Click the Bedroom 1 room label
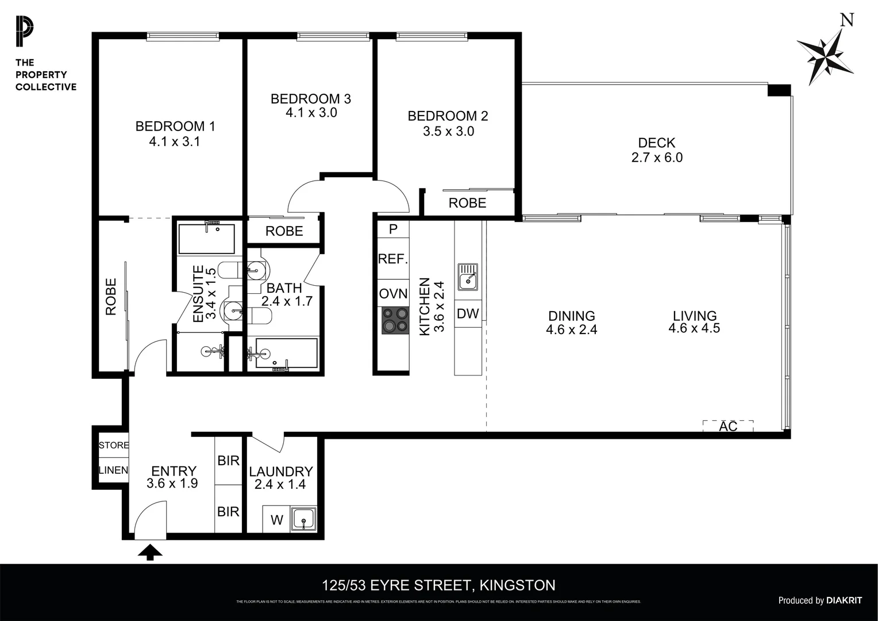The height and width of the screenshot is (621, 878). click(x=175, y=126)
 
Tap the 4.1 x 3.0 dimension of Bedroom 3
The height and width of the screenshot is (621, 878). click(x=311, y=113)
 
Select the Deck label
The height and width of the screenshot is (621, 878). click(x=656, y=143)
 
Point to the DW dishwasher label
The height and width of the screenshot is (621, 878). click(x=468, y=314)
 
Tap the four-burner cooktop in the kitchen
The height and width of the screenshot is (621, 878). click(x=394, y=320)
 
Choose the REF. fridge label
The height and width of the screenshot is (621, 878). click(x=392, y=259)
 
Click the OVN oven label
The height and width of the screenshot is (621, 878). click(x=393, y=294)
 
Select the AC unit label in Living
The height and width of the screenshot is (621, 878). click(x=728, y=427)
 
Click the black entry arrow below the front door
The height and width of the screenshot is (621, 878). click(x=151, y=553)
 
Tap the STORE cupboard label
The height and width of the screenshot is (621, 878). click(x=113, y=445)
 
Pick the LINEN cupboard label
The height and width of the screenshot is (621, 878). click(x=113, y=470)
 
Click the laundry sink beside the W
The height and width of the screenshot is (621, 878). click(x=302, y=519)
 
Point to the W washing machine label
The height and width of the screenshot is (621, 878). click(x=277, y=520)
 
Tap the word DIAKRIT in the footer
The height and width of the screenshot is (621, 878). click(x=844, y=600)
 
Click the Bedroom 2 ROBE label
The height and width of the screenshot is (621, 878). click(x=467, y=203)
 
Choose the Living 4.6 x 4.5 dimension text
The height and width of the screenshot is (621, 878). click(x=694, y=328)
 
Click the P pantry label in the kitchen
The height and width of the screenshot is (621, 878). click(x=393, y=229)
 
